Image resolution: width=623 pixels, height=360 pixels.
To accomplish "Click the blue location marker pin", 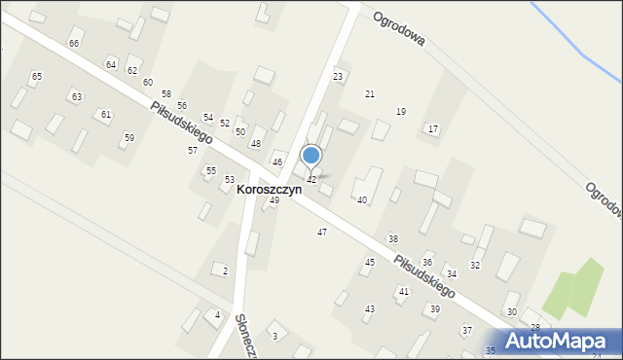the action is (311, 156).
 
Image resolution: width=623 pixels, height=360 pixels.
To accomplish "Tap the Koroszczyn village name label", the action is (269, 190).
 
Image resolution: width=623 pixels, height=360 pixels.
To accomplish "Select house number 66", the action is (74, 44).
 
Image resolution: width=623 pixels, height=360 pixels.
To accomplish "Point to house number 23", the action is (338, 76).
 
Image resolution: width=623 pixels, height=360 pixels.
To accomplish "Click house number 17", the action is (433, 128).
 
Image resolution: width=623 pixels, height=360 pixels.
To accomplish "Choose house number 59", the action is (128, 138).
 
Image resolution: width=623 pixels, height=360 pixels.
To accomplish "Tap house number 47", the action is (322, 232).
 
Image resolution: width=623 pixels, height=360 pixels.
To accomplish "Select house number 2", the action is (226, 270).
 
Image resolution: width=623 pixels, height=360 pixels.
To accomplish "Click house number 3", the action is (275, 336).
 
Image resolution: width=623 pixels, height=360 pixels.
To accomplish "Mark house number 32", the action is (475, 265).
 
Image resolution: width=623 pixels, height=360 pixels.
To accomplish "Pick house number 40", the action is (362, 199).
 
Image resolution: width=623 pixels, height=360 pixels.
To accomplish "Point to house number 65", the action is (37, 76).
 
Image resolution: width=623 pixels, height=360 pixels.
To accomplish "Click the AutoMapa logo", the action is (558, 340).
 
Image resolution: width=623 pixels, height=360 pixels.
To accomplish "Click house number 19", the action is (400, 112).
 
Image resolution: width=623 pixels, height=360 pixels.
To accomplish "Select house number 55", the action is (210, 170).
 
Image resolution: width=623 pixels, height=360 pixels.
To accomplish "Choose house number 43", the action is (370, 308).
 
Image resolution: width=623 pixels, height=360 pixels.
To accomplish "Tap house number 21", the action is (370, 93).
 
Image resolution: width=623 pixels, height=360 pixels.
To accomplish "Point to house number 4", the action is (218, 315).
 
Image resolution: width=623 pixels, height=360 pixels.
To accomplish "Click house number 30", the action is (512, 311).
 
